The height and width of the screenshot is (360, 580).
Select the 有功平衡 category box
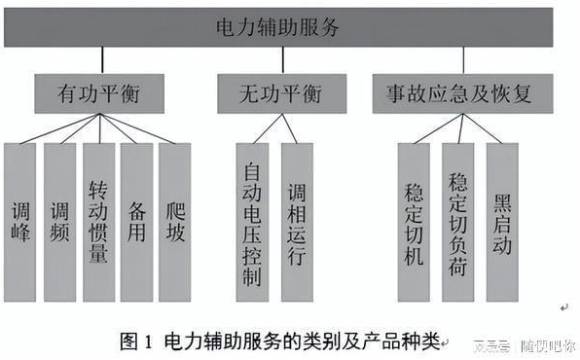pyautogui.click(x=94, y=95)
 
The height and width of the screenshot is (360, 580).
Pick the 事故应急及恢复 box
pyautogui.click(x=462, y=95)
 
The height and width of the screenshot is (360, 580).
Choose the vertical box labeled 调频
pyautogui.click(x=59, y=223)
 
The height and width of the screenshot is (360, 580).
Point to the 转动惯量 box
pyautogui.click(x=98, y=223)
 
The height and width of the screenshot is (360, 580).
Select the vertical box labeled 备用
pyautogui.click(x=136, y=223)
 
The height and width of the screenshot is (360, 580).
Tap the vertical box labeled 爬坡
pyautogui.click(x=174, y=223)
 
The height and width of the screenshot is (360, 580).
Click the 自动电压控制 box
pyautogui.click(x=251, y=223)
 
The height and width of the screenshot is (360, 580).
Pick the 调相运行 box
pyautogui.click(x=297, y=223)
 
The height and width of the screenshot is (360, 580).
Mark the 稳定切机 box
pyautogui.click(x=414, y=223)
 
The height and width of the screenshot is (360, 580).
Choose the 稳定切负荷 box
pyautogui.click(x=457, y=223)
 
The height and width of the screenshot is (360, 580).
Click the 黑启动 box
pyautogui.click(x=502, y=223)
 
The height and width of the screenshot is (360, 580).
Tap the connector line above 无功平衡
pyautogui.click(x=282, y=60)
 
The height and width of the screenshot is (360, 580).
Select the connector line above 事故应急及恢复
pyautogui.click(x=463, y=60)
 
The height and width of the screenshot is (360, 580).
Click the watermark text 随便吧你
pyautogui.click(x=547, y=345)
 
